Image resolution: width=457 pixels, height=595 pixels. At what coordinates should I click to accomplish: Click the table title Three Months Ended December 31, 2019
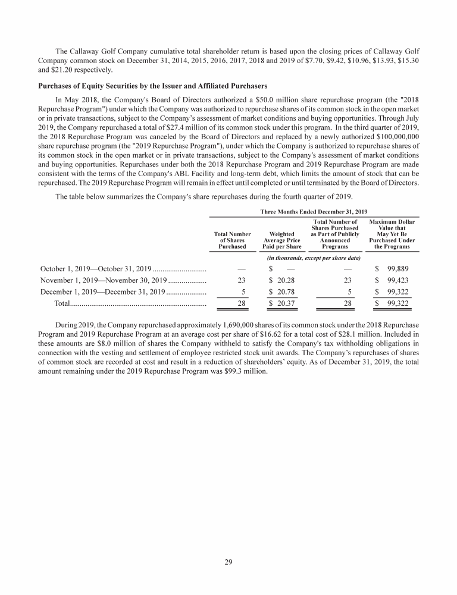[x=314, y=211]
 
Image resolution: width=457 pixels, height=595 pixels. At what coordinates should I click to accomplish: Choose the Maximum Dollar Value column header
[x=392, y=234]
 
